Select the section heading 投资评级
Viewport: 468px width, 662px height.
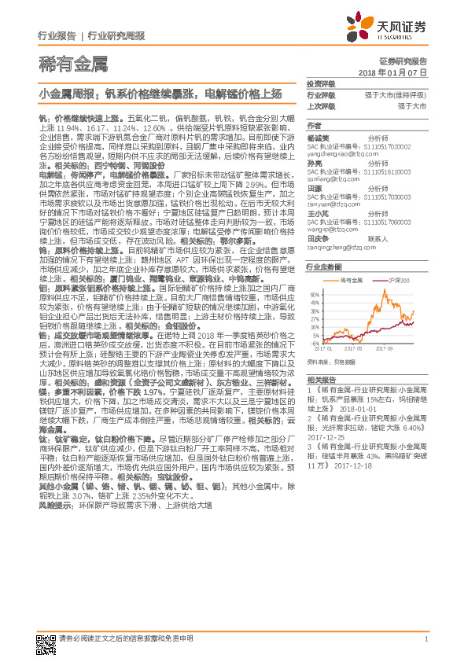click(x=321, y=83)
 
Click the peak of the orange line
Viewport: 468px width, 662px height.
click(x=385, y=295)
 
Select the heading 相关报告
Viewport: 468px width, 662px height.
click(x=321, y=379)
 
